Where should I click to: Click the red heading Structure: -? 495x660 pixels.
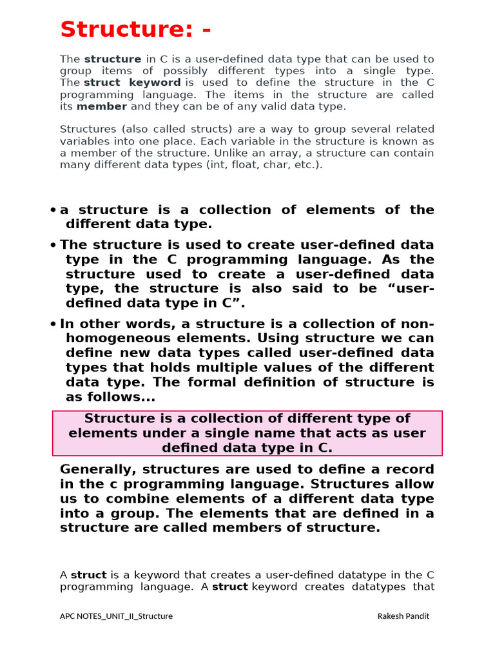coord(135,30)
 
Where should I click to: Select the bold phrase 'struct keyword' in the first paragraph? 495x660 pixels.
coord(132,82)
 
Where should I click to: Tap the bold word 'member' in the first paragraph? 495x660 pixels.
coord(102,106)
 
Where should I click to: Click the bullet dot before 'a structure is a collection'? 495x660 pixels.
coord(53,211)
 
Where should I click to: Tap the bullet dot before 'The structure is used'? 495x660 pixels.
coord(53,246)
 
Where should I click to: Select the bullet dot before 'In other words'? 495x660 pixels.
coord(53,325)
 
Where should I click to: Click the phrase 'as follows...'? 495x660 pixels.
coord(111,397)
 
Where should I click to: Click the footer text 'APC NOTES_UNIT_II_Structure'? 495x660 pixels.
coord(116,616)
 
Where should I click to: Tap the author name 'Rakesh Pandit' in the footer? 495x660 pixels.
coord(403,616)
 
